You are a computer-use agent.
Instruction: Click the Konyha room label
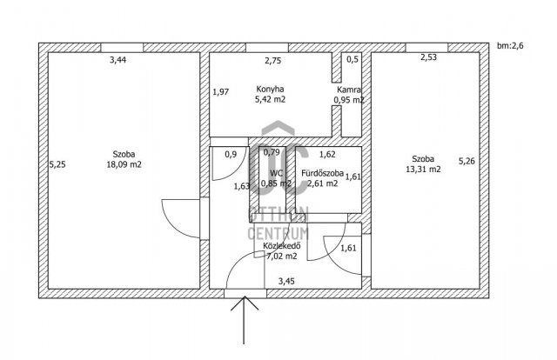click(270, 89)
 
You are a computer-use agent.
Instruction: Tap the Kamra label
click(349, 90)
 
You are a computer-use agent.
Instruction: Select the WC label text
click(277, 172)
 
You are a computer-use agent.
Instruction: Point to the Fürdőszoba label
click(322, 173)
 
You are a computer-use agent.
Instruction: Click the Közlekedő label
click(281, 245)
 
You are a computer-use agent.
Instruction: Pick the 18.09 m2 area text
click(124, 163)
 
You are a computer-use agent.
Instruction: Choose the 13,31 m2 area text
click(424, 170)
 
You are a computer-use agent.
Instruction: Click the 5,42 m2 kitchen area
click(271, 100)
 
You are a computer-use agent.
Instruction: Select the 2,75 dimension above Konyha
click(272, 60)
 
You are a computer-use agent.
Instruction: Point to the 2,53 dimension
click(428, 59)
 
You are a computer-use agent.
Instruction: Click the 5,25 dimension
click(57, 163)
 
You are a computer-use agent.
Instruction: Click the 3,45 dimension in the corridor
click(286, 281)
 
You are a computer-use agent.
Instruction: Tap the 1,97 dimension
click(220, 91)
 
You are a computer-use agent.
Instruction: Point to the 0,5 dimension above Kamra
click(352, 60)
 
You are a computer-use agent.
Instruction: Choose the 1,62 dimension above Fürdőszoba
click(327, 155)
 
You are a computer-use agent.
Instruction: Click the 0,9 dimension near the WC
click(231, 155)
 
